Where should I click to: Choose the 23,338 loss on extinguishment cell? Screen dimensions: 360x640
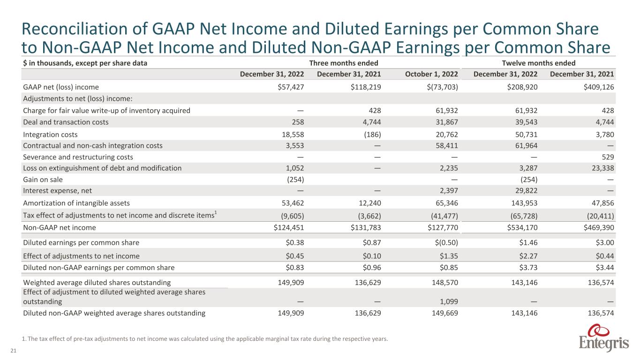602,168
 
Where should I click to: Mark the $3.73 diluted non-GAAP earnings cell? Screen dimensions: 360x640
527,268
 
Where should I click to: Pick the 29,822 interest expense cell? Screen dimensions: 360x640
525,191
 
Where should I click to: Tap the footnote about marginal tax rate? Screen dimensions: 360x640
205,339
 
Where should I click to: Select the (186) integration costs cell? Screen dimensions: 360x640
371,134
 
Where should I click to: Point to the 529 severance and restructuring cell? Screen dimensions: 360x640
608,157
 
